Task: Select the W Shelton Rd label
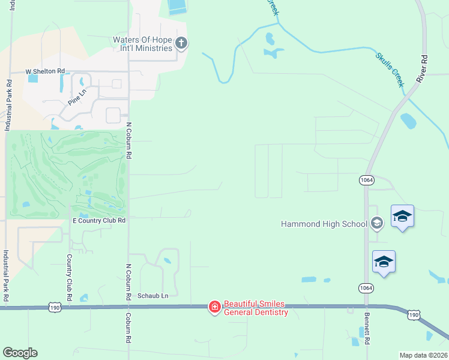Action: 44,71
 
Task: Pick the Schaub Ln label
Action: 153,296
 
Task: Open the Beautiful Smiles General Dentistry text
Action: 255,308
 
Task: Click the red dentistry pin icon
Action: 214,307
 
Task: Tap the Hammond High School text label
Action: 324,224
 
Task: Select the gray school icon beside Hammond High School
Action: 376,224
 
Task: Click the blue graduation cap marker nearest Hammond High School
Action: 402,217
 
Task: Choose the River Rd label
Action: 424,69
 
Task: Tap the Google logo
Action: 20,353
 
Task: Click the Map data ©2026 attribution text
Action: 424,355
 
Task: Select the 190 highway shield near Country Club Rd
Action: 55,307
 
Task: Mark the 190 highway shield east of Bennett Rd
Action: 413,314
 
